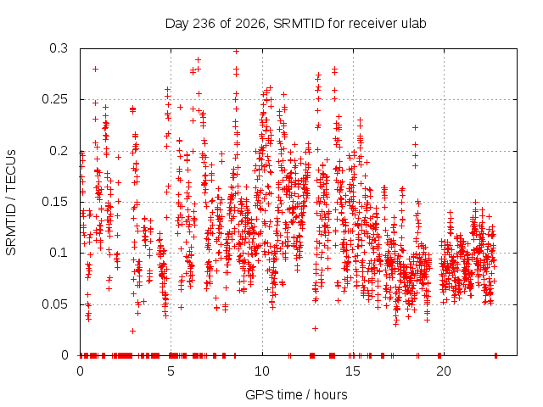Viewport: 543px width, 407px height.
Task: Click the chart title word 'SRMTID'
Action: pyautogui.click(x=299, y=24)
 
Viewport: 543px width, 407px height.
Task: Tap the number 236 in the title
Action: pyautogui.click(x=204, y=24)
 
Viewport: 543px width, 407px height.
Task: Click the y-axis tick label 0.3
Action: pyautogui.click(x=59, y=48)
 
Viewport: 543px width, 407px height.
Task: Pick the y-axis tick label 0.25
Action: pyautogui.click(x=54, y=100)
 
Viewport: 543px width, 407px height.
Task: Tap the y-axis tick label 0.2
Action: pyautogui.click(x=59, y=151)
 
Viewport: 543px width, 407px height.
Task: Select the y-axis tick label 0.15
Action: pyautogui.click(x=54, y=202)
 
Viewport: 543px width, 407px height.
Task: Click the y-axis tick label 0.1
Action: pyautogui.click(x=59, y=253)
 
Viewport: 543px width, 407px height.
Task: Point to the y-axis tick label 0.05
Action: pyautogui.click(x=54, y=304)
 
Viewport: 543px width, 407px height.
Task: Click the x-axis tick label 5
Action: pyautogui.click(x=171, y=371)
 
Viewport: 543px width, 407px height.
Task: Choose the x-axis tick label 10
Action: pyautogui.click(x=262, y=371)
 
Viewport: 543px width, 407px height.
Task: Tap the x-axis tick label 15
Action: pyautogui.click(x=353, y=371)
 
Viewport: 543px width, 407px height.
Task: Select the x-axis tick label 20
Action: pyautogui.click(x=444, y=371)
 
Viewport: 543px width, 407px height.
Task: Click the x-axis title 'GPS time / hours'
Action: pyautogui.click(x=296, y=395)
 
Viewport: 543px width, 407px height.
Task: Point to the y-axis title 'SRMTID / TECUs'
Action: pyautogui.click(x=11, y=203)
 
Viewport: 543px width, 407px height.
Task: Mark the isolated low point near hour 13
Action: pyautogui.click(x=315, y=328)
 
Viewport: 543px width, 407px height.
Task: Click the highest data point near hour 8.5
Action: pyautogui.click(x=236, y=51)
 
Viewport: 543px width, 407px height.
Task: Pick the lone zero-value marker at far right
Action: pyautogui.click(x=495, y=354)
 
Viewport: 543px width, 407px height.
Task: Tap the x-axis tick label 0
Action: pyautogui.click(x=80, y=371)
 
